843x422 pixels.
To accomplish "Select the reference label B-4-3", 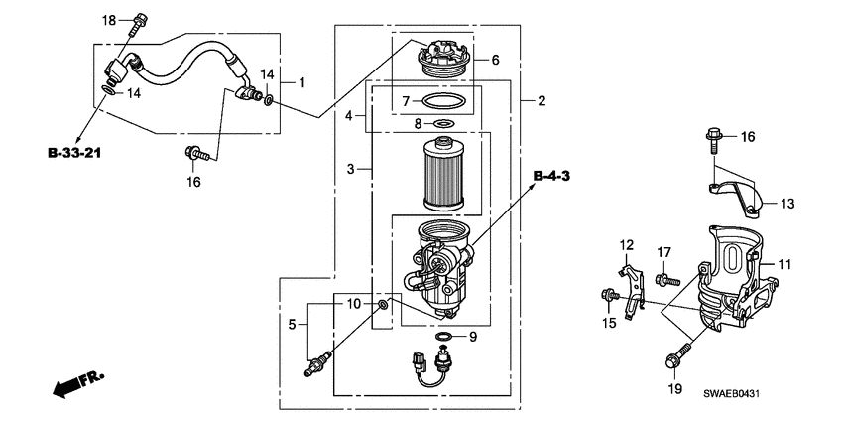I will tap(552, 176).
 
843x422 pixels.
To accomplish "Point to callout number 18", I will tap(110, 20).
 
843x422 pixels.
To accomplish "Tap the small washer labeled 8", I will tap(444, 123).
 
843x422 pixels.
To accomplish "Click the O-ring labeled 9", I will tap(445, 337).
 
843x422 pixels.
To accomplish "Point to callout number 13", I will tap(786, 204).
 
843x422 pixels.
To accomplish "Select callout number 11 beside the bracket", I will tap(783, 264).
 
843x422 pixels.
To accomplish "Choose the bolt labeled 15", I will tap(606, 295).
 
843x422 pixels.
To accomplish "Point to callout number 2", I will tap(542, 101).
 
